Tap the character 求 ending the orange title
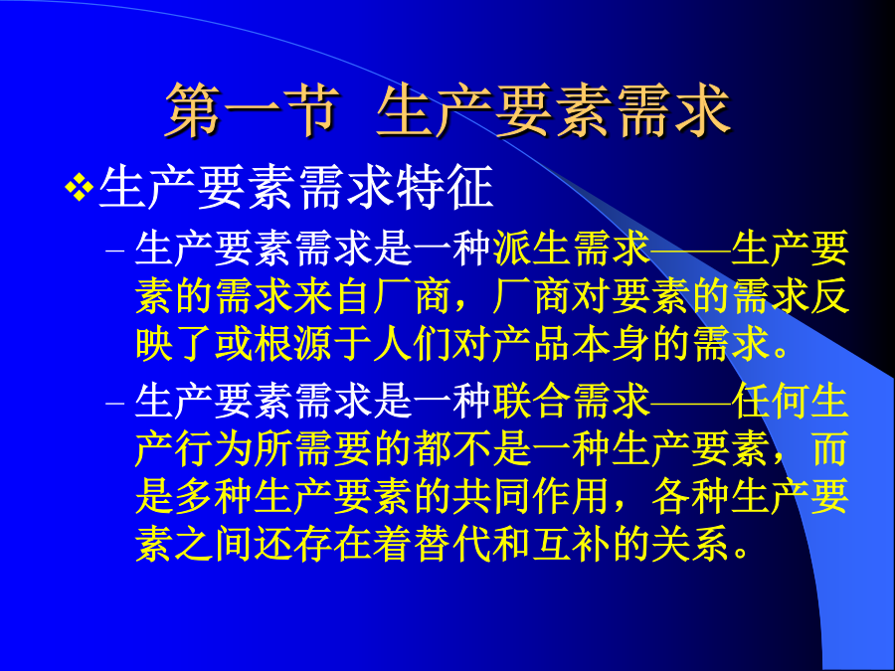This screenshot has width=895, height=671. [x=703, y=110]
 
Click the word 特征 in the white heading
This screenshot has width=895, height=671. [x=445, y=188]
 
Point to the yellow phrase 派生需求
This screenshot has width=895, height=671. [x=572, y=250]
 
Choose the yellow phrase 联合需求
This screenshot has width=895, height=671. [x=572, y=402]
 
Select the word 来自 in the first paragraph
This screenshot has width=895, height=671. [x=333, y=297]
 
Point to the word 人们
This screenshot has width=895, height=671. [x=412, y=345]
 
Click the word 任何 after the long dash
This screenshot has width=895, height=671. [x=771, y=402]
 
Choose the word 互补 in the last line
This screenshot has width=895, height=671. [x=571, y=545]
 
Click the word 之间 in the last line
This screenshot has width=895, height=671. [x=214, y=545]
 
